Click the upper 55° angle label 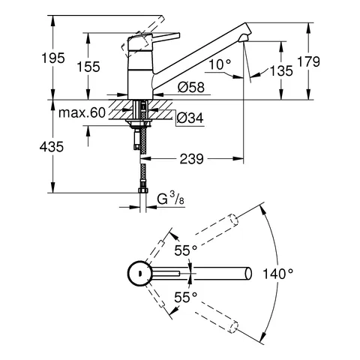(185, 249)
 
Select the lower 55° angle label (185, 297)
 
